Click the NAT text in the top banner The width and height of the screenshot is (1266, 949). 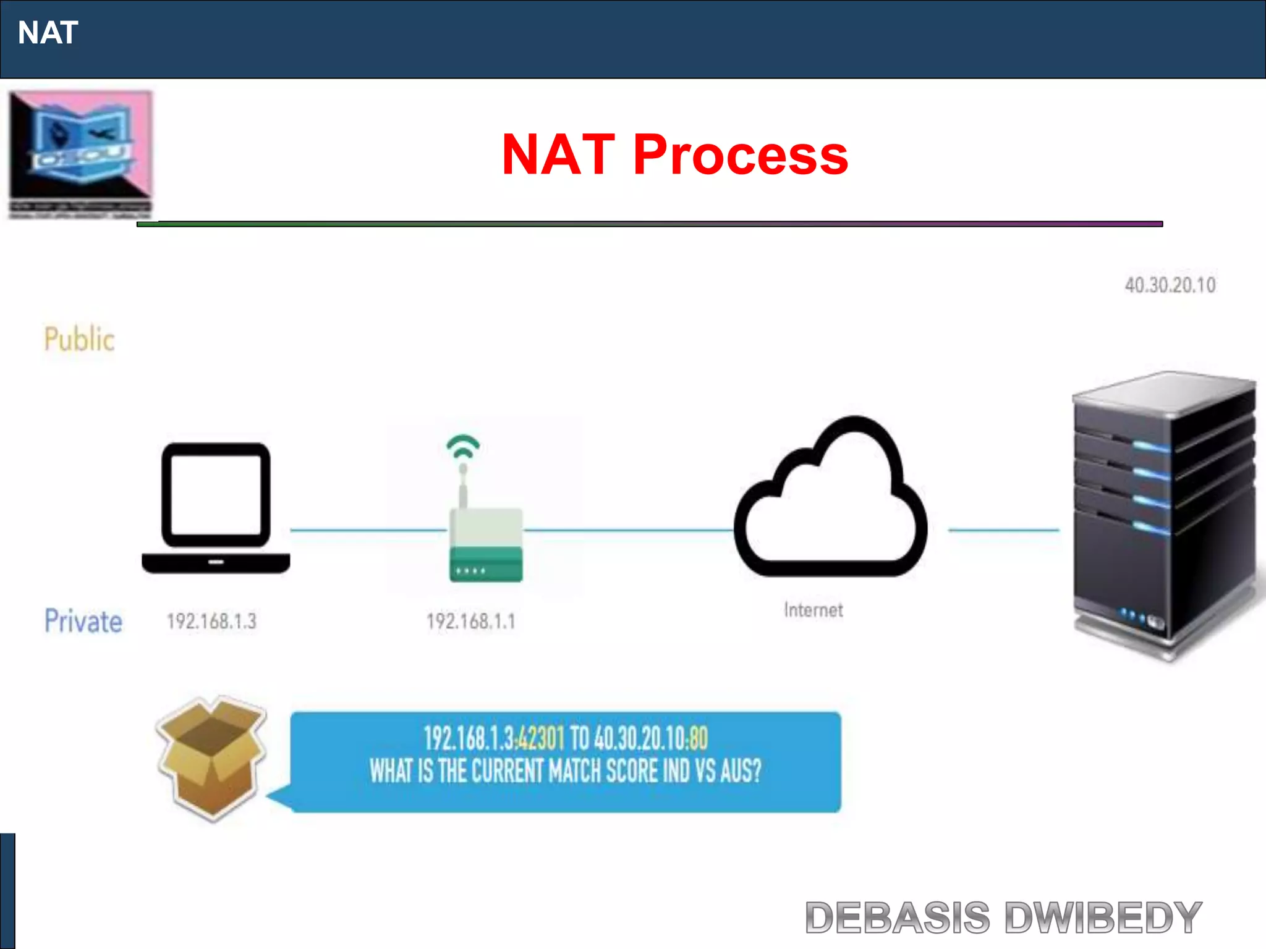[x=48, y=33]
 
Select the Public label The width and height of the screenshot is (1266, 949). [x=79, y=339]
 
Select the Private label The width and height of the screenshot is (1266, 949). [x=83, y=621]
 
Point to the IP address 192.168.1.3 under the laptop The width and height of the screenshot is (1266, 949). [x=211, y=621]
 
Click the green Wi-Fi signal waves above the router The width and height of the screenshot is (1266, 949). [x=463, y=447]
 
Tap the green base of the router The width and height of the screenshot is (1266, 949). [x=486, y=563]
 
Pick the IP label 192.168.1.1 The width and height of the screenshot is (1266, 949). [x=470, y=621]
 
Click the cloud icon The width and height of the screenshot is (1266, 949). [x=830, y=500]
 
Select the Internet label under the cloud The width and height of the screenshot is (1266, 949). [x=813, y=610]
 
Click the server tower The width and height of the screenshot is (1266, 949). [x=1163, y=513]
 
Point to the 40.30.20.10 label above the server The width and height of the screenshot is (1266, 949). [x=1170, y=285]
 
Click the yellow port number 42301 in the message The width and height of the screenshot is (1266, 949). [x=541, y=738]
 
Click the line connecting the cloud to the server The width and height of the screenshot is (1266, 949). [x=1003, y=529]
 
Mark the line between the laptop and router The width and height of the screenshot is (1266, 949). [x=368, y=529]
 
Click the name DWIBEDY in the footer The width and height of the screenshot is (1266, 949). [x=1103, y=917]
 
